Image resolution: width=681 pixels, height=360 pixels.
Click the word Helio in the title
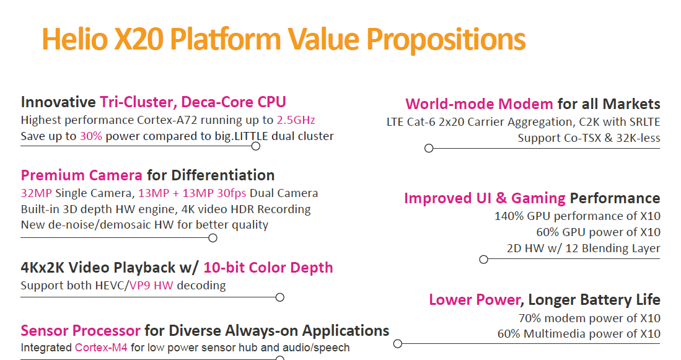click(75, 38)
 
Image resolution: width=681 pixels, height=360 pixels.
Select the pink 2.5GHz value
click(296, 120)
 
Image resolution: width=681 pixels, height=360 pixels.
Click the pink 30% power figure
click(90, 136)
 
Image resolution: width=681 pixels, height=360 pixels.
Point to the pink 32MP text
click(36, 193)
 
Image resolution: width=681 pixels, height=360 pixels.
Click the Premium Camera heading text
click(82, 175)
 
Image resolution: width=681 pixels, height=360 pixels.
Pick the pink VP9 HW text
click(151, 285)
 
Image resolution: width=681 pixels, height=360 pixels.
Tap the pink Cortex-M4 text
click(101, 348)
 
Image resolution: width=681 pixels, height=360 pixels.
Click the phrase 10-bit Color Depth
click(268, 268)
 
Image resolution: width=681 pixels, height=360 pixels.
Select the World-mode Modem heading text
click(479, 104)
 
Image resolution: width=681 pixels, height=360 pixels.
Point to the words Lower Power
click(475, 300)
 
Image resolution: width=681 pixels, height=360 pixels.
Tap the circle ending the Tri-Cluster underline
click(256, 146)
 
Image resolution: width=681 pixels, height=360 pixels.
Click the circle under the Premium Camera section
click(213, 238)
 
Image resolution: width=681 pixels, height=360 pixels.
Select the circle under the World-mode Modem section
click(429, 149)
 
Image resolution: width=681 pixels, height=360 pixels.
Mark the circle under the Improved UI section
click(483, 260)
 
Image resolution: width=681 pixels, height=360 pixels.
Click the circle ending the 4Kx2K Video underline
click(280, 297)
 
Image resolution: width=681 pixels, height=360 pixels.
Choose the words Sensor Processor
click(81, 330)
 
